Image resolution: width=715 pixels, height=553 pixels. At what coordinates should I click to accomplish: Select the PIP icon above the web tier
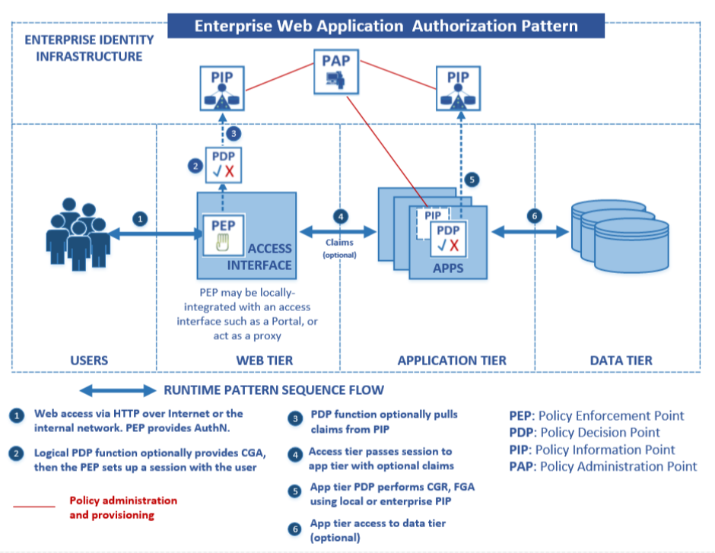click(221, 89)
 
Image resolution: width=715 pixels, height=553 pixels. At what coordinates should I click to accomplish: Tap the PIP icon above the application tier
click(457, 89)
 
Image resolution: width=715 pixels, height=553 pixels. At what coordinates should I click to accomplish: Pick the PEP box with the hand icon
click(222, 236)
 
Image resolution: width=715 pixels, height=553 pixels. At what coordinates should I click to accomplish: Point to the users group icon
click(76, 229)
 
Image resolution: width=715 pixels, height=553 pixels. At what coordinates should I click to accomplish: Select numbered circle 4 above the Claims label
click(340, 216)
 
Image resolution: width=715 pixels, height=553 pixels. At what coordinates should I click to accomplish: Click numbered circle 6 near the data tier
click(534, 216)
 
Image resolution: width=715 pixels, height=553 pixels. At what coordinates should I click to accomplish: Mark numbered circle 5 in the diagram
click(472, 180)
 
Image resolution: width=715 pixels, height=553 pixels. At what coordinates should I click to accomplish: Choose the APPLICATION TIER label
click(452, 360)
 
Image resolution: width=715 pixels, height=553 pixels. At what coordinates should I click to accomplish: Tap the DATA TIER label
click(621, 360)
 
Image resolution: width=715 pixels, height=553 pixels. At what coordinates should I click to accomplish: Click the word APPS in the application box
click(447, 269)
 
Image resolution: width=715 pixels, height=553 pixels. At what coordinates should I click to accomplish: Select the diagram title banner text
click(386, 26)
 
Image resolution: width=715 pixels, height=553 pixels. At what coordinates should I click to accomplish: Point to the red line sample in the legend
click(34, 506)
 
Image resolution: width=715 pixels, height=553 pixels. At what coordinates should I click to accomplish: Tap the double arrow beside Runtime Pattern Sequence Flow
click(117, 391)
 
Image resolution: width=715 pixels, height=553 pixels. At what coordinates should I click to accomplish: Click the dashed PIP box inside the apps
click(432, 215)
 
